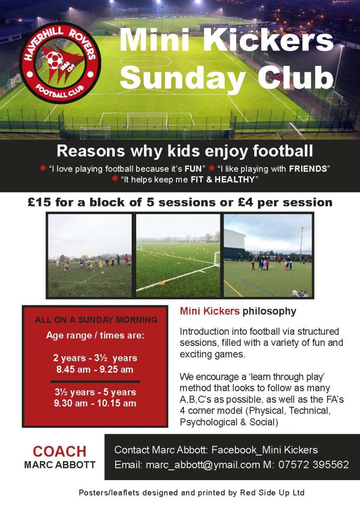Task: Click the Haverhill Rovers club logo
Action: pyautogui.click(x=60, y=62)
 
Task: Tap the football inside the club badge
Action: pyautogui.click(x=55, y=60)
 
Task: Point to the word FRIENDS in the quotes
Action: pyautogui.click(x=308, y=169)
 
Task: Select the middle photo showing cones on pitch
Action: pyautogui.click(x=178, y=255)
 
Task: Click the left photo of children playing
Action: pyautogui.click(x=90, y=255)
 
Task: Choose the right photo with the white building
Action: pyautogui.click(x=268, y=255)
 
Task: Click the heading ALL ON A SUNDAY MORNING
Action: pyautogui.click(x=96, y=320)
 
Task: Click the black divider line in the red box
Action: pyautogui.click(x=95, y=381)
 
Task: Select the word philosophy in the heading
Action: pyautogui.click(x=269, y=311)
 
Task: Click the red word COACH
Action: pyautogui.click(x=59, y=452)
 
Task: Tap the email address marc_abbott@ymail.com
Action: pyautogui.click(x=203, y=465)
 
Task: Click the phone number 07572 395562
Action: pyautogui.click(x=314, y=465)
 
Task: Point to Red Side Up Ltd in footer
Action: pyautogui.click(x=272, y=493)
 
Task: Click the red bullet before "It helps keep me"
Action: pyautogui.click(x=115, y=178)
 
